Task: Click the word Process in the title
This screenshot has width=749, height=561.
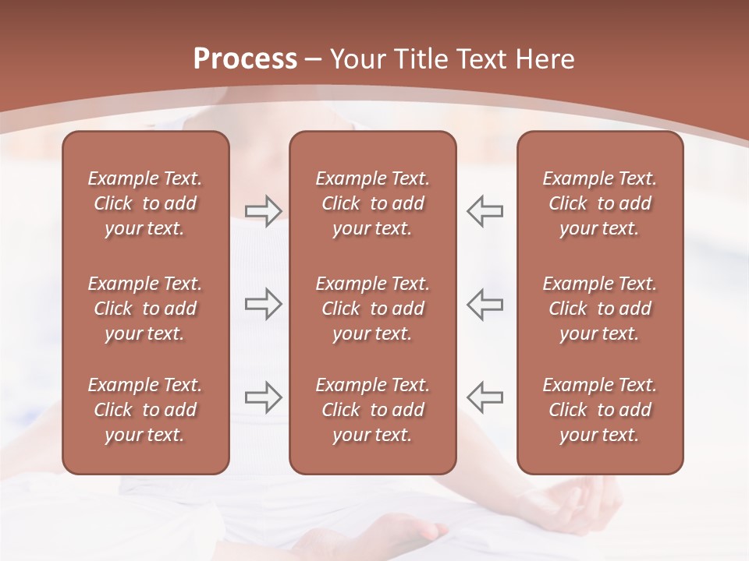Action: coord(245,59)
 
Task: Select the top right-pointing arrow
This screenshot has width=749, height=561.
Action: coord(264,211)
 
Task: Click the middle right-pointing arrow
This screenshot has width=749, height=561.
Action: coord(264,304)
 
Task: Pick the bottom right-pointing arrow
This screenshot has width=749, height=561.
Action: coord(264,397)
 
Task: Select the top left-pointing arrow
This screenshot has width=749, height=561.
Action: coord(485,211)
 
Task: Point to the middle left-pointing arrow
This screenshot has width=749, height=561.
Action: coord(485,304)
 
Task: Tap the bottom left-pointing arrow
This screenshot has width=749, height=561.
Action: coord(485,397)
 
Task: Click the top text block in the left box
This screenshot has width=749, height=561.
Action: coord(145,203)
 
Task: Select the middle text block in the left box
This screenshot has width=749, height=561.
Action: coord(145,309)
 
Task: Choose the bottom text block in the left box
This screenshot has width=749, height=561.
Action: coord(145,410)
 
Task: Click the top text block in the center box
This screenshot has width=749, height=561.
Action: coord(372,203)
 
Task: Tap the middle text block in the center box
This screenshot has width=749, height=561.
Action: coord(372,309)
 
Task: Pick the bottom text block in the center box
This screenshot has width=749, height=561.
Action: coord(372,410)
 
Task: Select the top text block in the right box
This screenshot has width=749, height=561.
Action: coord(599,203)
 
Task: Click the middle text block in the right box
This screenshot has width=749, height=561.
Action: coord(599,309)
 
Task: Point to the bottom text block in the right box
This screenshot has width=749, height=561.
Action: coord(599,410)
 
